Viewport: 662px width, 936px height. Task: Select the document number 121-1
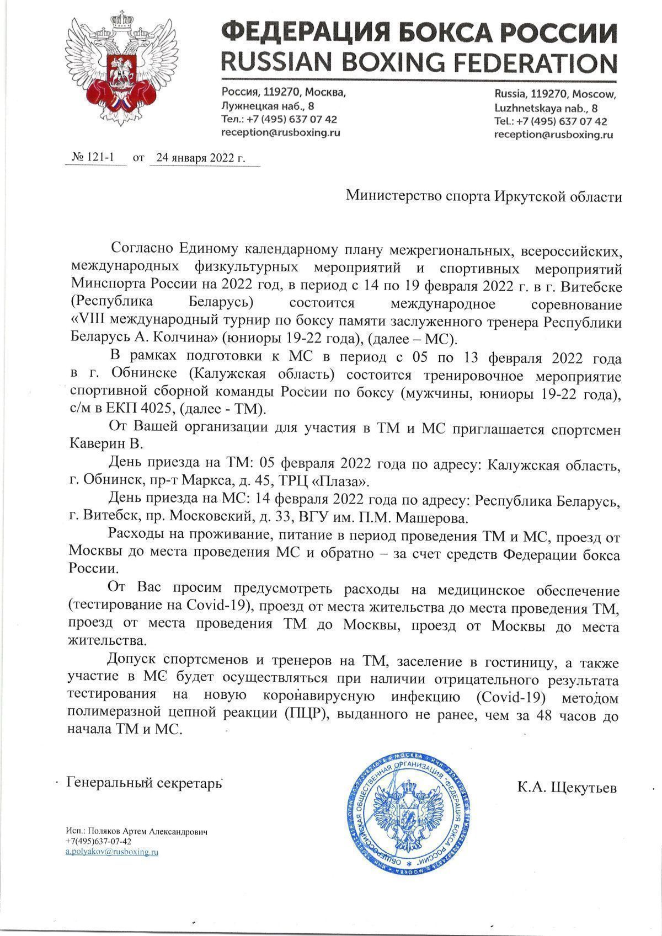(98, 157)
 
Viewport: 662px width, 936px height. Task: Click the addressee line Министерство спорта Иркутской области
(483, 196)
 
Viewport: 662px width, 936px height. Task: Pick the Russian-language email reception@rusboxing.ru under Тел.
(280, 132)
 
